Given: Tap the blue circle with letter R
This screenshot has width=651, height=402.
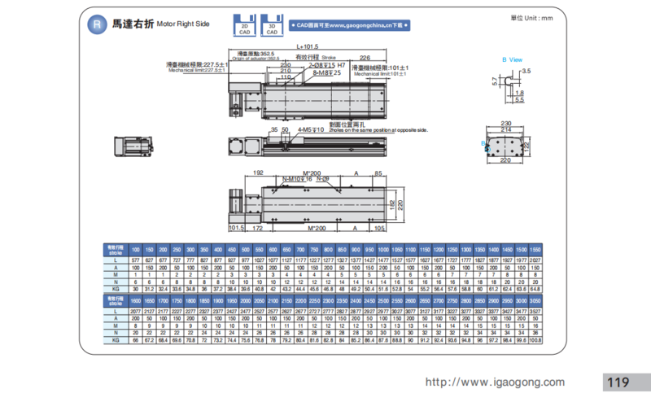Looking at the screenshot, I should point(97,24).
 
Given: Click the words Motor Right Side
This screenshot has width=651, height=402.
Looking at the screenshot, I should point(182,24).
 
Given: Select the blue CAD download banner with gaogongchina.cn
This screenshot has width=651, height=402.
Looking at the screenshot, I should point(350,26).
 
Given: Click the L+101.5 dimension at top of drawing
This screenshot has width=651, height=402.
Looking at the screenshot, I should point(308,47).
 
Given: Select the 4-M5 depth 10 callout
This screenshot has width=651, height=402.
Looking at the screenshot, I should point(308,129).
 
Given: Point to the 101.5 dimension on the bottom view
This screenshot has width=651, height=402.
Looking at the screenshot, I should point(237,229).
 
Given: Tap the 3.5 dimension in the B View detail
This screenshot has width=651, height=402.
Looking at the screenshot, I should point(526,72).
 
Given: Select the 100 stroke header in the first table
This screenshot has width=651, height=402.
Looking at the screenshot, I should point(136,247).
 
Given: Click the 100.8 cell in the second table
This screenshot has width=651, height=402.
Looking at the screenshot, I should point(534,340).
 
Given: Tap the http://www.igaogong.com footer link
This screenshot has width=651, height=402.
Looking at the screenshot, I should point(495,382).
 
